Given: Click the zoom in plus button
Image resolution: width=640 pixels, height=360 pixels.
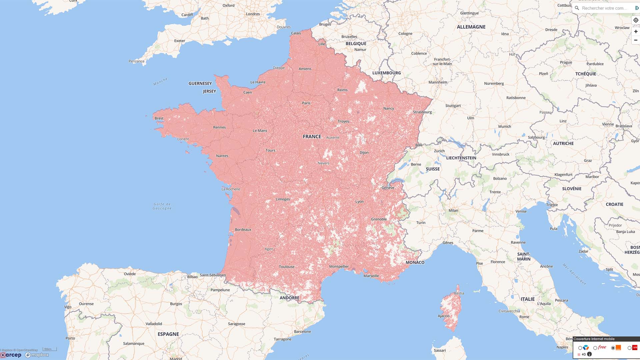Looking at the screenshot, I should coord(636,31).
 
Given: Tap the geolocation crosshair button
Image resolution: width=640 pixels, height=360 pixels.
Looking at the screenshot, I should coord(636,20).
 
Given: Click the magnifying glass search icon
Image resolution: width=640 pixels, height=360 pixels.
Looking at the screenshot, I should coord(577,8).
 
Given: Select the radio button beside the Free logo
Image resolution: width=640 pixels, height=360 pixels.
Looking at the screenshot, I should coord(595,348).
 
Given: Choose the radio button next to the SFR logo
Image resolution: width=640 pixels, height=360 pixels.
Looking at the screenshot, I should coord(629,348).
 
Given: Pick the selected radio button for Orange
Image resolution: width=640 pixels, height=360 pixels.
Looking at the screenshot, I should coord(613,348).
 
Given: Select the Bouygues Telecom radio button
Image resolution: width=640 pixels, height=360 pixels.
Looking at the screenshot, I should coord(580,348).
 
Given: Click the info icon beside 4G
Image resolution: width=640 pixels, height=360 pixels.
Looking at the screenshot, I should coord(589,354).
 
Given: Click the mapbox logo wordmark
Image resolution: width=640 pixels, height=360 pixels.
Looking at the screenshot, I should coord(37,355).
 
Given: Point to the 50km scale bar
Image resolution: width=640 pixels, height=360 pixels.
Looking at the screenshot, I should coord(50,349).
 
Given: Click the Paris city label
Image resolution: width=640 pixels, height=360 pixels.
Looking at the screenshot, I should coord(306,103).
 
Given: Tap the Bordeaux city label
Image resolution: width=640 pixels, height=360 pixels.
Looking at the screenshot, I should coord(243,230).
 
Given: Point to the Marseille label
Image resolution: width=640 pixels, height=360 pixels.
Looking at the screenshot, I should coord(371,276).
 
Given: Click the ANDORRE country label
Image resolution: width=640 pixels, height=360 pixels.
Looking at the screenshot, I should coord(289,298).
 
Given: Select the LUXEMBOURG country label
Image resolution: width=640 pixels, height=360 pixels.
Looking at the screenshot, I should coord(386,73).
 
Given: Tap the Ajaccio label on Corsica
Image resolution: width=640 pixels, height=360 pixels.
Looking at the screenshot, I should coord(443,316).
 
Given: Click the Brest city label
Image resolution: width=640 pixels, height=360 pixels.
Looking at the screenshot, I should coord(159,118).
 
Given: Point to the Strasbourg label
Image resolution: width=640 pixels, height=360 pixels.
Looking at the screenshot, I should coord(422,112).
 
